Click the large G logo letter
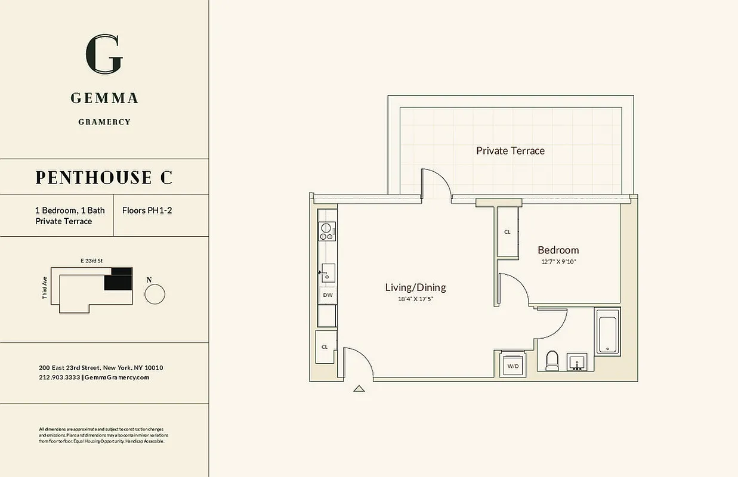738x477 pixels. pos(104,55)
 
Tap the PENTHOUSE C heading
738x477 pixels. pos(104,177)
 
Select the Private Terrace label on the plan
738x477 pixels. pos(510,151)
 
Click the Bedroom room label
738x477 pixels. pos(558,250)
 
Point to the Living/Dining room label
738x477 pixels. pos(415,287)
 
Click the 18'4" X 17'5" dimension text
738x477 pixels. pos(415,299)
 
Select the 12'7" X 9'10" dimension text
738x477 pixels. pos(558,261)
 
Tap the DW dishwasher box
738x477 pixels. pos(327,295)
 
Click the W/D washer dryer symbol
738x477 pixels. pos(512,366)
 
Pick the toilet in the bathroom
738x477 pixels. pos(552,360)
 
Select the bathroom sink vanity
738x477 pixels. pos(577,362)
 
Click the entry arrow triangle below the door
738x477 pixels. pos(359,389)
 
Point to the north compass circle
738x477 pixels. pos(155,294)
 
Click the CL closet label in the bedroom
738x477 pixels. pos(507,232)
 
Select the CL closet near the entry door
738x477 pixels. pos(325,346)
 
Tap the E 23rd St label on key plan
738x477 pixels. pos(92,261)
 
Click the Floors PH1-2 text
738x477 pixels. pos(147,210)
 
